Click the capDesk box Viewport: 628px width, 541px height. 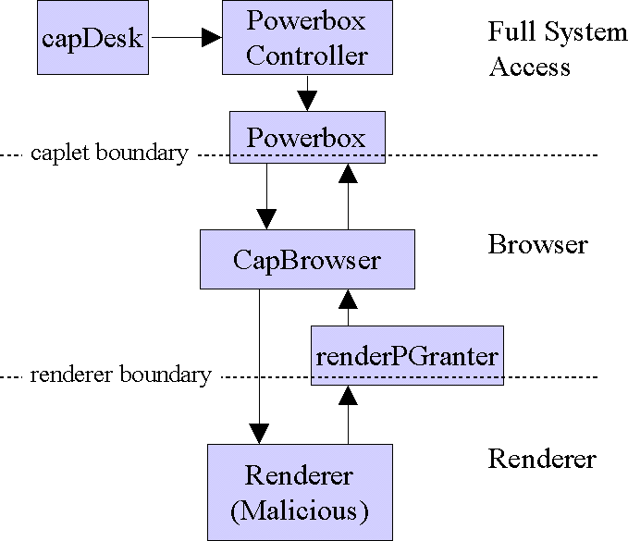[92, 38]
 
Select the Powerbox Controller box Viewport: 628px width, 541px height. [306, 38]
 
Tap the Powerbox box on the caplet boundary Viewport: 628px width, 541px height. [306, 139]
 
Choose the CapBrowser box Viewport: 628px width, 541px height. [306, 260]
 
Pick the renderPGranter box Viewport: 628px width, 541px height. [407, 355]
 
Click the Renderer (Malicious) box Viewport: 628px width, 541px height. [300, 492]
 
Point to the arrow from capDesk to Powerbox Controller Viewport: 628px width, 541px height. [185, 38]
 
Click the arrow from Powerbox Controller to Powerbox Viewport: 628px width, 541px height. [307, 92]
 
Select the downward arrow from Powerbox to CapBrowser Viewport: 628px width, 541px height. [266, 199]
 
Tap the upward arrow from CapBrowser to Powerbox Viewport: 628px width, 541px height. [348, 199]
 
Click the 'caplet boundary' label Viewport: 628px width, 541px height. [109, 153]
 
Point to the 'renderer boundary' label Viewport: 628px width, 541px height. [120, 375]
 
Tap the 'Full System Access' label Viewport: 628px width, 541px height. [555, 49]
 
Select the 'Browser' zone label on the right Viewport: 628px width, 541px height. [537, 245]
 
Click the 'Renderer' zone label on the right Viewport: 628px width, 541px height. [541, 459]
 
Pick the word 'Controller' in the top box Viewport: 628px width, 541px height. [307, 55]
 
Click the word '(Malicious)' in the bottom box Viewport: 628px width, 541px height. [300, 510]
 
